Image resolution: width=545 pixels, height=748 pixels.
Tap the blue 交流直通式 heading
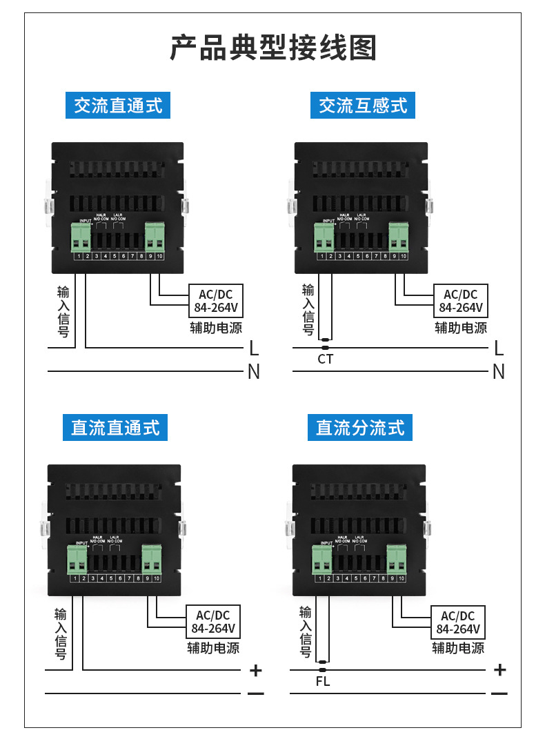pyautogui.click(x=118, y=106)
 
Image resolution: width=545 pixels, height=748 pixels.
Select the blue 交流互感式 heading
pyautogui.click(x=363, y=106)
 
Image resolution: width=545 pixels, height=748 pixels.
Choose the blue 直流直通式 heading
pyautogui.click(x=115, y=428)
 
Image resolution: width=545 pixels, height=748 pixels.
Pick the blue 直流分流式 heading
pyautogui.click(x=360, y=428)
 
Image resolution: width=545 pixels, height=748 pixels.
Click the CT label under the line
pyautogui.click(x=325, y=359)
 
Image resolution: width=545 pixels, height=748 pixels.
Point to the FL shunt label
pyautogui.click(x=322, y=682)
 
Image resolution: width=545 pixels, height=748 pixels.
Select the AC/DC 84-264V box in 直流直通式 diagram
pyautogui.click(x=213, y=622)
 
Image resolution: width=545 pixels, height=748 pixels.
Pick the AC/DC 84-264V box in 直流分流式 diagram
pyautogui.click(x=458, y=622)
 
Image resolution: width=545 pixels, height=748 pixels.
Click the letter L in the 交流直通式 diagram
pyautogui.click(x=254, y=348)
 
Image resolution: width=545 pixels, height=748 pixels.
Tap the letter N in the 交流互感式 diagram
pyautogui.click(x=499, y=372)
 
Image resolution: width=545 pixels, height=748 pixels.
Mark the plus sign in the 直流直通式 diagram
pyautogui.click(x=256, y=670)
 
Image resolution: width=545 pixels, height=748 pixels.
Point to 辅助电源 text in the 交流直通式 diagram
pyautogui.click(x=216, y=328)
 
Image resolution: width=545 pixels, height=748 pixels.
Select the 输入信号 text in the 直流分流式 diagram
pyautogui.click(x=306, y=631)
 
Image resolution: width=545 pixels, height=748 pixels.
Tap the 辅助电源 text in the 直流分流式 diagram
pyautogui.click(x=458, y=649)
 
